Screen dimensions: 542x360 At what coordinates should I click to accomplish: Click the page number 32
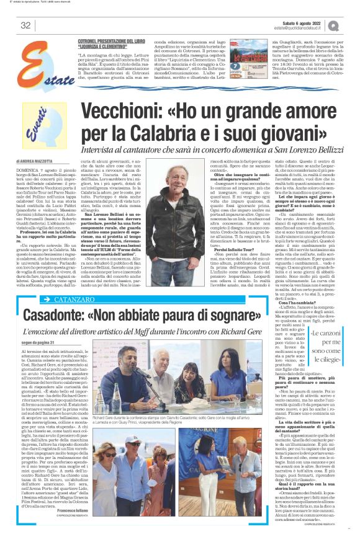(x=25, y=25)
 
